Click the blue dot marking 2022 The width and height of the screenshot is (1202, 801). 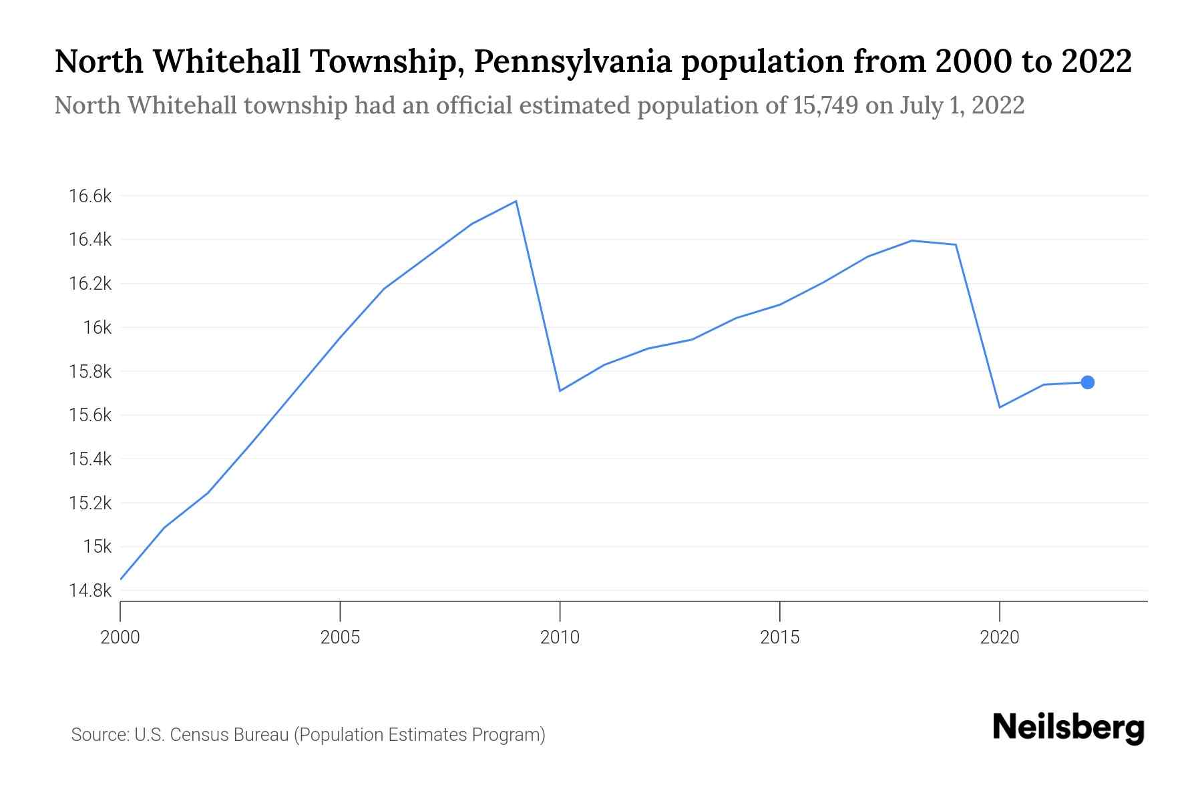click(x=1087, y=382)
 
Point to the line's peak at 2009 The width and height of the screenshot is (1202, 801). click(x=516, y=201)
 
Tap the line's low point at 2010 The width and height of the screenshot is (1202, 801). click(x=560, y=390)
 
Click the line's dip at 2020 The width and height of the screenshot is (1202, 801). click(x=1000, y=407)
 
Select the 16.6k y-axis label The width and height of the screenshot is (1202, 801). click(x=89, y=196)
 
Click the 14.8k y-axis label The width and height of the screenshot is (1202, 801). click(x=89, y=591)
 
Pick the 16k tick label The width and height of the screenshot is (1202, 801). click(x=97, y=327)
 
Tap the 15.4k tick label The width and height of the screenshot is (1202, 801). click(x=89, y=459)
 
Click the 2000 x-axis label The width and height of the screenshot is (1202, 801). click(x=120, y=637)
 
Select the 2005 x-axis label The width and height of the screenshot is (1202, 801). click(x=340, y=637)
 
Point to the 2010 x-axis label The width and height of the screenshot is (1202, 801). click(x=560, y=637)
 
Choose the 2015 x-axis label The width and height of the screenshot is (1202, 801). click(x=779, y=637)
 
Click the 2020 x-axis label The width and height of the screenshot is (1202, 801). click(x=1000, y=637)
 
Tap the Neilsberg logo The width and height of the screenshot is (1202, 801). click(x=1068, y=728)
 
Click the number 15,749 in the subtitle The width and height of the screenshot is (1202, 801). click(x=826, y=105)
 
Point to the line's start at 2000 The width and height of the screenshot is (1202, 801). click(x=121, y=579)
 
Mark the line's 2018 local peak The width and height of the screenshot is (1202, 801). click(x=912, y=240)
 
